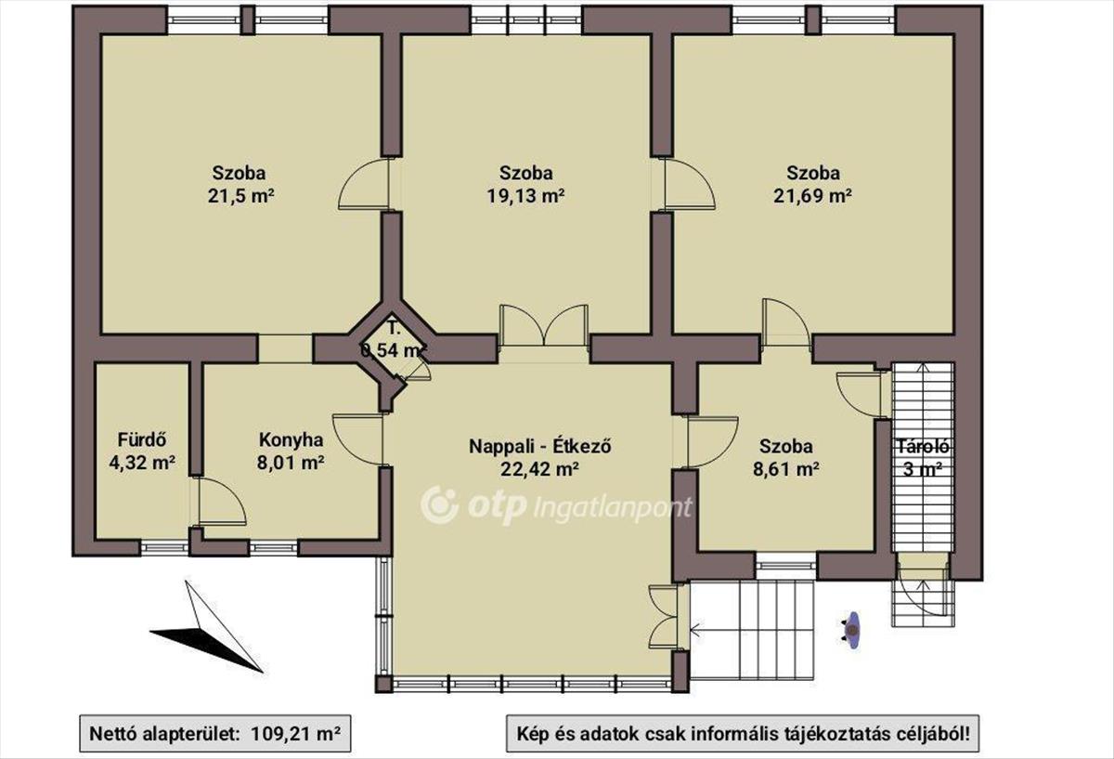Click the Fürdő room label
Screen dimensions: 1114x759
click(142, 440)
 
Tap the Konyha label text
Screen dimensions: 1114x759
click(291, 440)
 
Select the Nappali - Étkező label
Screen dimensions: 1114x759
click(540, 446)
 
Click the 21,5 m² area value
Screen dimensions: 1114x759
click(241, 196)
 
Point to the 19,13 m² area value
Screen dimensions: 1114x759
click(525, 196)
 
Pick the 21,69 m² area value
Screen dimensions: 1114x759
click(812, 196)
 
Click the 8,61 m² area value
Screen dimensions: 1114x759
click(786, 469)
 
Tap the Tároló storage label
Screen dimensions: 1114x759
click(923, 447)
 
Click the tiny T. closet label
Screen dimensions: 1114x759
click(394, 329)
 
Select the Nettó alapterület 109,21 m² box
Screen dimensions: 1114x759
click(214, 734)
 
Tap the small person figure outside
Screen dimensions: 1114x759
click(851, 631)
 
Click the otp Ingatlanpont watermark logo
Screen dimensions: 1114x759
click(556, 506)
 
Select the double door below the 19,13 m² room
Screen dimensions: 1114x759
click(544, 326)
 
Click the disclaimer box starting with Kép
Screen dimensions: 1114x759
click(743, 734)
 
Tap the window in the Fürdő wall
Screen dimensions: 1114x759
click(164, 548)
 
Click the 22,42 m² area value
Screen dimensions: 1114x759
click(539, 469)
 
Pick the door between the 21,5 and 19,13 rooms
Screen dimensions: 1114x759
click(364, 185)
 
